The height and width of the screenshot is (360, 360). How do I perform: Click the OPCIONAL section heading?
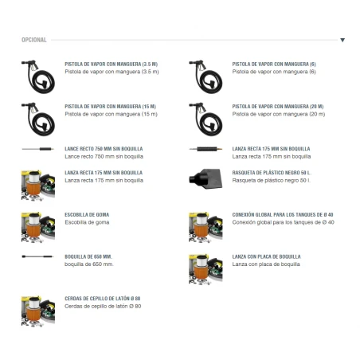[x=34, y=40]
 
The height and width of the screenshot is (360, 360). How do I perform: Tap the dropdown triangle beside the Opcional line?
[x=342, y=40]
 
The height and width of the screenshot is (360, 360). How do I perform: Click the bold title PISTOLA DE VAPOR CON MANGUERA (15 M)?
[x=111, y=107]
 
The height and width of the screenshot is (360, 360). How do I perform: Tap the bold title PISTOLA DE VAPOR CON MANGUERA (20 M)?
[x=278, y=107]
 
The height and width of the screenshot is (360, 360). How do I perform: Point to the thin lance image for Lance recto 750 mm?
[x=37, y=149]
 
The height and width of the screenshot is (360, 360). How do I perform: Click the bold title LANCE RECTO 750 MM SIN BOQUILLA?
[x=104, y=149]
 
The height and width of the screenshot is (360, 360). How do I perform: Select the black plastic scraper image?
[x=205, y=178]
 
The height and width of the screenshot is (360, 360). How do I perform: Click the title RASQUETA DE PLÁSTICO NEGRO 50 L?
[x=272, y=173]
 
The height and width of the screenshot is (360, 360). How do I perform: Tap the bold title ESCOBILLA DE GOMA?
[x=87, y=214]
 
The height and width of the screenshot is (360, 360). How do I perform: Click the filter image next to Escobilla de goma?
[x=38, y=227]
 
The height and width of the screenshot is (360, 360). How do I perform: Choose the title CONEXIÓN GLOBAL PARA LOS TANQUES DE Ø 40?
[x=283, y=214]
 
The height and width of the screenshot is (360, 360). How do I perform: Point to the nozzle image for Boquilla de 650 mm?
[x=37, y=256]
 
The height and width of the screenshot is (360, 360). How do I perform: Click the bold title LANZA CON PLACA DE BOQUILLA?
[x=267, y=256]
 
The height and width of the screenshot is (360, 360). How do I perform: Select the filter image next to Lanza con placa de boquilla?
[x=205, y=269]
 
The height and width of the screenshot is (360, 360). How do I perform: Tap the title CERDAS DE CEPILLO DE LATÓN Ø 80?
[x=103, y=299]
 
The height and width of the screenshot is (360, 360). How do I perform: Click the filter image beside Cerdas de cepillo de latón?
[x=38, y=311]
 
